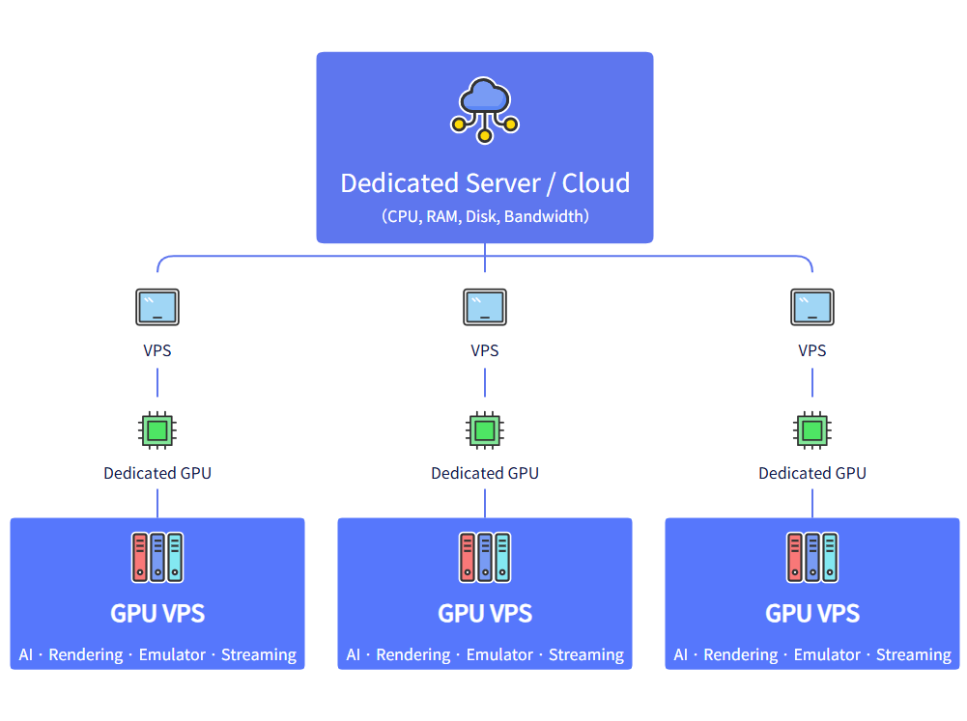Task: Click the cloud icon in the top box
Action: (485, 99)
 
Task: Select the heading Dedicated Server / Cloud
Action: (485, 182)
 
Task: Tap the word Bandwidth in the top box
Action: (546, 216)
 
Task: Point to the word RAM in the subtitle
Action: (442, 216)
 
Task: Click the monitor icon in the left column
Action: (157, 307)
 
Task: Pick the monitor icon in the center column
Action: (485, 307)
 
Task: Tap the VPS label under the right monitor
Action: (812, 350)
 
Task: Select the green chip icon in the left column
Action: (157, 430)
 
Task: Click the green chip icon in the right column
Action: (812, 430)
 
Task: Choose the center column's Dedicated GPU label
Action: (485, 473)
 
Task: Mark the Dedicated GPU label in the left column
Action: (157, 473)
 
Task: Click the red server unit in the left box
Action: (140, 557)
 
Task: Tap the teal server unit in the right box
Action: (830, 557)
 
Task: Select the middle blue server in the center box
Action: (485, 557)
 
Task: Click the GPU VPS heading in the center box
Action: (485, 613)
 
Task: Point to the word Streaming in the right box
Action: (914, 654)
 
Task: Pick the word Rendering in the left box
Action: (86, 654)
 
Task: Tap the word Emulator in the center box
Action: (499, 654)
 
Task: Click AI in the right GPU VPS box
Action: (681, 654)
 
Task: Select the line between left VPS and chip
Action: (157, 382)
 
